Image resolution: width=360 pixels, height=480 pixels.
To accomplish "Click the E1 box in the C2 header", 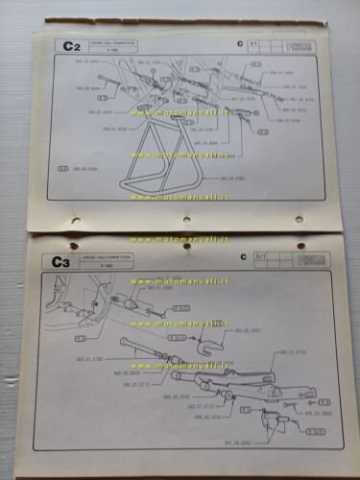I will pos(254,43).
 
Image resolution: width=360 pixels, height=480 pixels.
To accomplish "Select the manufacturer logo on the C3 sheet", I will pos(303,258).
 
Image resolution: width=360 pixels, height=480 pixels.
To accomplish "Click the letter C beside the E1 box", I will pos(237,44).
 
